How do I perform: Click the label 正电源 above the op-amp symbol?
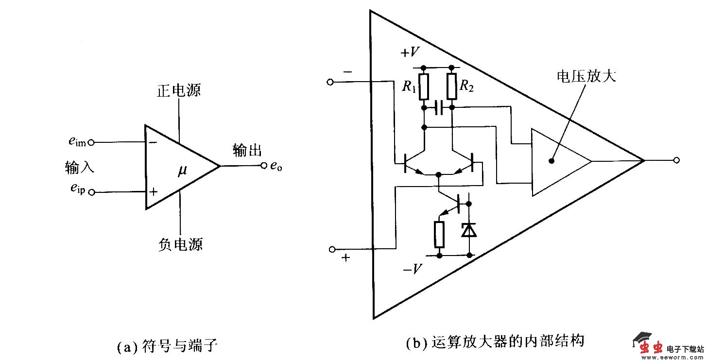point(178,91)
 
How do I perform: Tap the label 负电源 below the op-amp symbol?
point(180,244)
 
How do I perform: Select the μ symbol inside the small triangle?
point(182,171)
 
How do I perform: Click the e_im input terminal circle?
point(90,142)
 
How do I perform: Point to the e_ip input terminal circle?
point(90,192)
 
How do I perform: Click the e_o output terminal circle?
point(264,166)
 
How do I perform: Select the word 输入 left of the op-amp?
point(79,168)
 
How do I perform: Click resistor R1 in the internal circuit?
point(424,86)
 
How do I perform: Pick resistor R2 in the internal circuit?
point(452,86)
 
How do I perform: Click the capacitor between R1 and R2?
point(438,107)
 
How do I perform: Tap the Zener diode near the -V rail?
point(469,229)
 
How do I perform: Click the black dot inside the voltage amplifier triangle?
point(551,161)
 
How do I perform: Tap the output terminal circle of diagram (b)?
point(676,160)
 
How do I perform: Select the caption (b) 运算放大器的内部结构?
point(494,342)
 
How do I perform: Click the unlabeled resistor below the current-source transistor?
point(439,234)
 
